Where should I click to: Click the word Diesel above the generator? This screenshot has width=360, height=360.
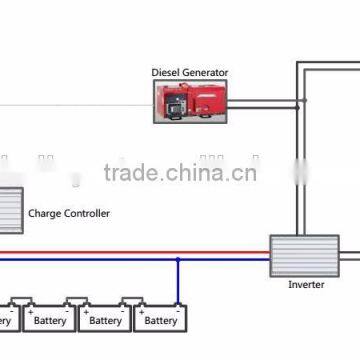[167, 73]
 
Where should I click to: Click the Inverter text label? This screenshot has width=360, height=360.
[306, 285]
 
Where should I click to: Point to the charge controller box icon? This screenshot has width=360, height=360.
[10, 211]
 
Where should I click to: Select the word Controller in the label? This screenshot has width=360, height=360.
[88, 213]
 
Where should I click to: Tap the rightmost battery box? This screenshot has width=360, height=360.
[160, 319]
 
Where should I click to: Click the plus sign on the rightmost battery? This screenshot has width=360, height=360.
[142, 304]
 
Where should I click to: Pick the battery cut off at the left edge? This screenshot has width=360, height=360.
[5, 319]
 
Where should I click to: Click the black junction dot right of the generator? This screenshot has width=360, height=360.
[295, 101]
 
